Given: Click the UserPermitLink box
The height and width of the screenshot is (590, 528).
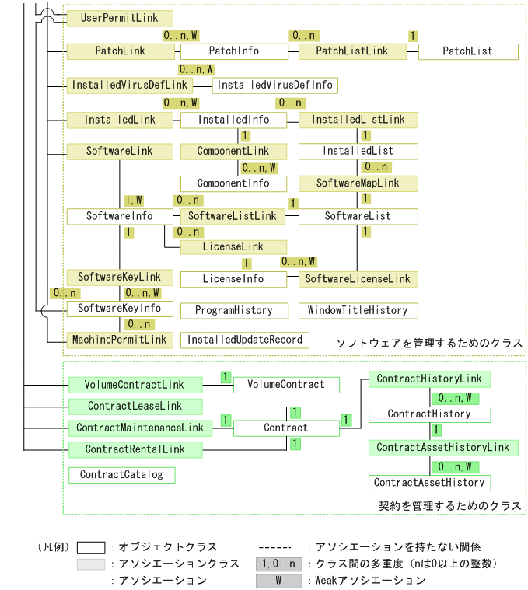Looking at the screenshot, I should (x=120, y=18).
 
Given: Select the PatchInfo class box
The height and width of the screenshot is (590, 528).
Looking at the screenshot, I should (x=234, y=51).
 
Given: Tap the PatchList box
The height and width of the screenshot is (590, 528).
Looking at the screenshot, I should (x=467, y=51).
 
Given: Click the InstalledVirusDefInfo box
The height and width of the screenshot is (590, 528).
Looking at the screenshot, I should (x=275, y=85).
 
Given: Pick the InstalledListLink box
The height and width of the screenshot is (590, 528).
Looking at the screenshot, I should (x=358, y=120).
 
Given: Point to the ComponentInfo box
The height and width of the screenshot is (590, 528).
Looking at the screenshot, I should (x=233, y=183).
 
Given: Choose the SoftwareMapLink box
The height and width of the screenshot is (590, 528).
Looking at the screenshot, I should (x=358, y=183).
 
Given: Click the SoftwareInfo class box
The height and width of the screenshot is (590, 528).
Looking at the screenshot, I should (x=119, y=216).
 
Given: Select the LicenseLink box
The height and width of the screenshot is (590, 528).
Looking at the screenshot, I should (x=233, y=247).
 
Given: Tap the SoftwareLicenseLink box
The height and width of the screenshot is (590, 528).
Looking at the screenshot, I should (x=358, y=278).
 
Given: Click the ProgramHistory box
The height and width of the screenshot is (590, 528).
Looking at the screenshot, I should (x=233, y=311).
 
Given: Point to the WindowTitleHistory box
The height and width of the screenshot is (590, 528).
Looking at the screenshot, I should (x=358, y=311).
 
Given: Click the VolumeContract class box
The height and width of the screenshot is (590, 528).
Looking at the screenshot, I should (x=286, y=385).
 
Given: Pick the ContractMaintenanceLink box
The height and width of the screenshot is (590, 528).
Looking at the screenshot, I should (x=140, y=428).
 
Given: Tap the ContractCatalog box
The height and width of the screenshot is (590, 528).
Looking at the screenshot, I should (x=122, y=474).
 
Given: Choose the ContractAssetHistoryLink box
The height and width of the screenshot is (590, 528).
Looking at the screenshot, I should (x=442, y=448).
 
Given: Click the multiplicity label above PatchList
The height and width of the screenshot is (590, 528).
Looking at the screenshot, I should (x=412, y=36).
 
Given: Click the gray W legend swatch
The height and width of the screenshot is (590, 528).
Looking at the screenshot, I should (x=278, y=581).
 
